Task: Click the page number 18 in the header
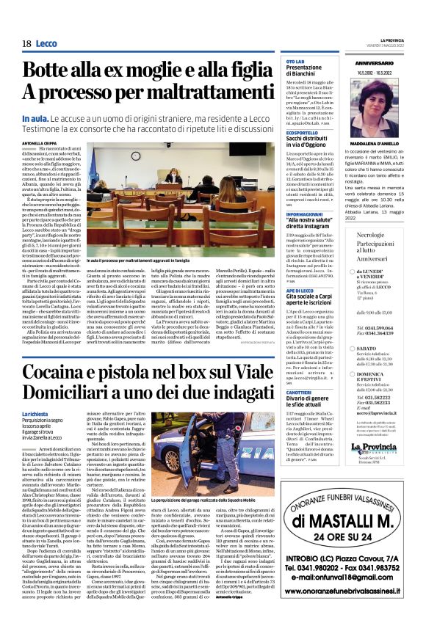[x=26, y=44]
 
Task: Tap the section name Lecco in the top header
[x=46, y=44]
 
